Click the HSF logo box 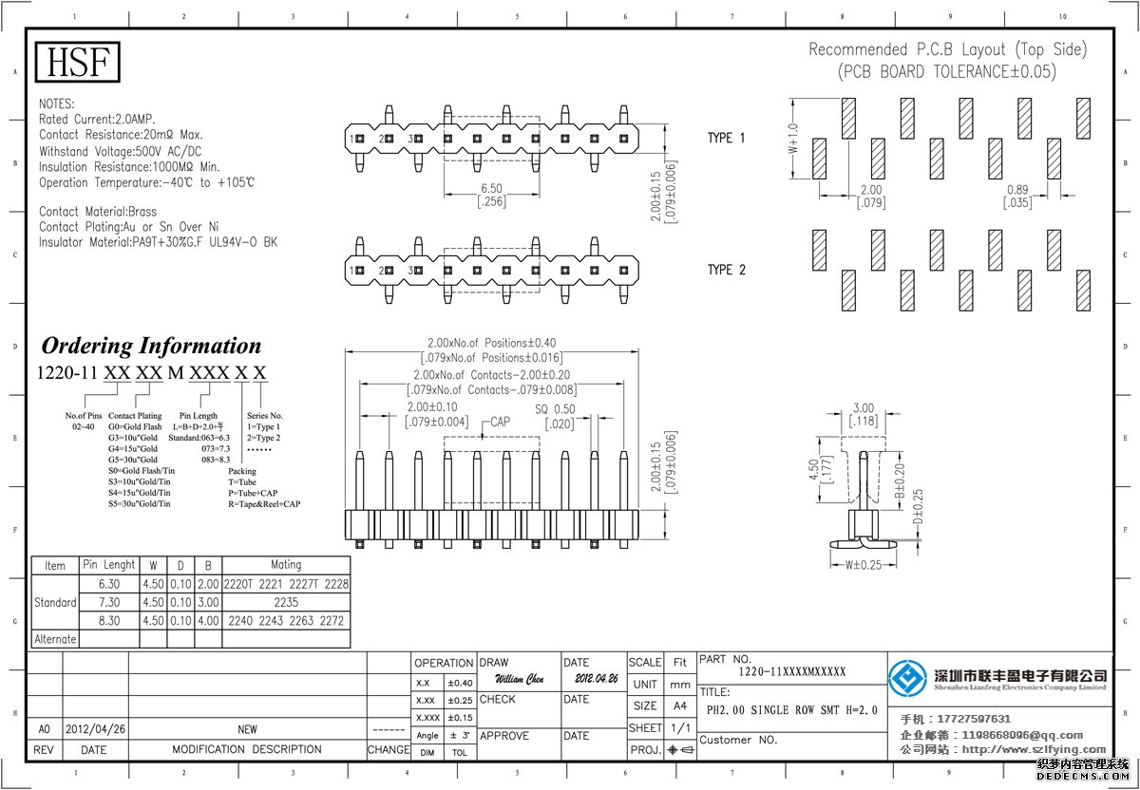point(78,63)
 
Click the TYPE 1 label point(726,139)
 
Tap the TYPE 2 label point(726,270)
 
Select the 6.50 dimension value point(491,189)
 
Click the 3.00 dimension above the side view point(863,407)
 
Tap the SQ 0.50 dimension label point(555,409)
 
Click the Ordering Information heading point(150,346)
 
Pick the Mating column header point(286,565)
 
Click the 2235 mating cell point(286,602)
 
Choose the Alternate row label point(55,639)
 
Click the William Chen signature point(520,680)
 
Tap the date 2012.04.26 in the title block point(596,680)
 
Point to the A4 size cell point(680,706)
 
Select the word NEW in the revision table point(247,730)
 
